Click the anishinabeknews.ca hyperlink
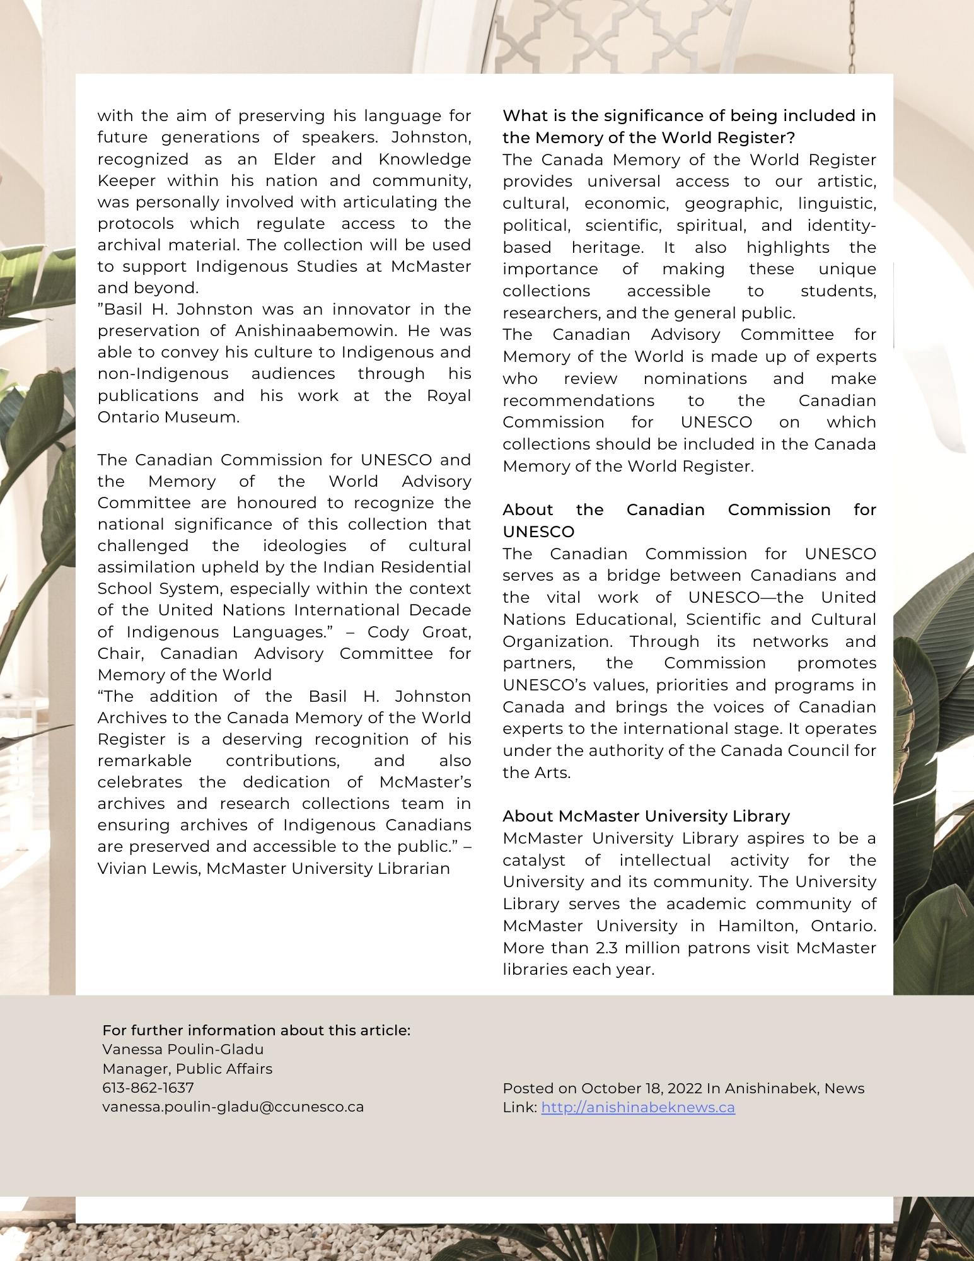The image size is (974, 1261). tap(637, 1108)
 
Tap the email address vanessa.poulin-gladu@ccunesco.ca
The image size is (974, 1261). tap(233, 1107)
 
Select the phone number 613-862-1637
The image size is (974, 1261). tap(148, 1088)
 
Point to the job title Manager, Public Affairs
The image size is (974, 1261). tap(187, 1069)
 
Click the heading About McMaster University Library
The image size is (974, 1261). tap(646, 816)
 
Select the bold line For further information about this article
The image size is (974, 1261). tap(256, 1030)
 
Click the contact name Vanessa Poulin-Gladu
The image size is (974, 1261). tap(183, 1049)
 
